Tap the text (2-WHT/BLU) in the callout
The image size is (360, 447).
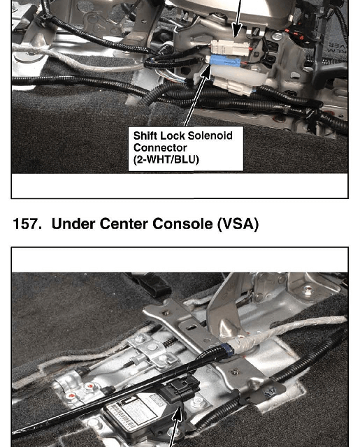[166, 160]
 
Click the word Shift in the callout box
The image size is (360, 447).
[145, 135]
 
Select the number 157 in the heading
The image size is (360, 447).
[27, 223]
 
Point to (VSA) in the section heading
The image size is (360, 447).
[238, 224]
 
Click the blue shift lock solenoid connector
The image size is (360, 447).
[224, 61]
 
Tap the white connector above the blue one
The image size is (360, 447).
[230, 47]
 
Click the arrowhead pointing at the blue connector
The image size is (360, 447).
[206, 71]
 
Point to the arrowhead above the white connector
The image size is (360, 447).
[237, 31]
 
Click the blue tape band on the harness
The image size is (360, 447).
[229, 349]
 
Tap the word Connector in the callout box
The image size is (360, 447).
[160, 147]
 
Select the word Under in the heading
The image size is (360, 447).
[73, 223]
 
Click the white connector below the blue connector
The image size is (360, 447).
[233, 86]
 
